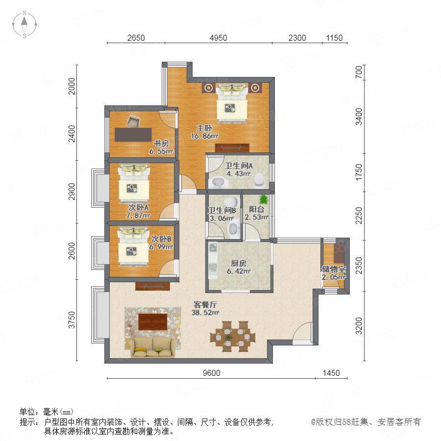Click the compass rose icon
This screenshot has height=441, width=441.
pyautogui.click(x=24, y=24)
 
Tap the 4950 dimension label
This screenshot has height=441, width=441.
pyautogui.click(x=218, y=38)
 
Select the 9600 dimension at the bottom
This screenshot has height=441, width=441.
pyautogui.click(x=212, y=373)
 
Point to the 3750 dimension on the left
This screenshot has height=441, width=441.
pyautogui.click(x=72, y=320)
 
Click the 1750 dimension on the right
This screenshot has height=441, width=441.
pyautogui.click(x=359, y=172)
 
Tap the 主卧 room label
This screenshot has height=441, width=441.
pyautogui.click(x=204, y=128)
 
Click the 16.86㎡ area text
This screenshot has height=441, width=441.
pyautogui.click(x=204, y=136)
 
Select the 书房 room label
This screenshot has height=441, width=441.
pyautogui.click(x=161, y=144)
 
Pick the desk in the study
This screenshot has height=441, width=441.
pyautogui.click(x=133, y=135)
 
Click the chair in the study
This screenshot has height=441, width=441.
pyautogui.click(x=133, y=122)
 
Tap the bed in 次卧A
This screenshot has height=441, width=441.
pyautogui.click(x=134, y=183)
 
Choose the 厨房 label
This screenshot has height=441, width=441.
pyautogui.click(x=239, y=263)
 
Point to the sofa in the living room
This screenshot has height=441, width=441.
pyautogui.click(x=153, y=347)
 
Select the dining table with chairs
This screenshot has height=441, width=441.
pyautogui.click(x=233, y=336)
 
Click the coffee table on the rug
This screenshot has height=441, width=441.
pyautogui.click(x=153, y=322)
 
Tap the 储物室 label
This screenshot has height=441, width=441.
pyautogui.click(x=334, y=269)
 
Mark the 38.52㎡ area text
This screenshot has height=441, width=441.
pyautogui.click(x=205, y=313)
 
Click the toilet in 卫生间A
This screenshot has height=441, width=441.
pyautogui.click(x=259, y=180)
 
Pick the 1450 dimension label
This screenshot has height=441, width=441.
pyautogui.click(x=331, y=373)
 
